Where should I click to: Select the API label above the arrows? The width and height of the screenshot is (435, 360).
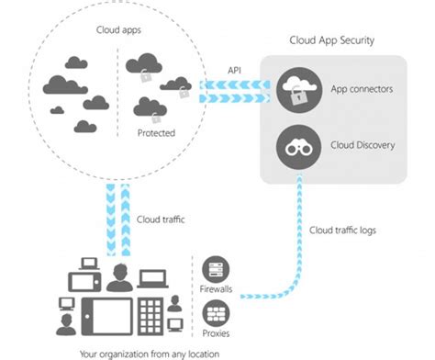tap(235, 70)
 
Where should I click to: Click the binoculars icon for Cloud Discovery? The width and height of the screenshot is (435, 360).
tap(299, 143)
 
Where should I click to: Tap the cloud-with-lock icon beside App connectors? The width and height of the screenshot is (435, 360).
tap(299, 88)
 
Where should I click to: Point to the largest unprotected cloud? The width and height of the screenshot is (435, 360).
tap(69, 84)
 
